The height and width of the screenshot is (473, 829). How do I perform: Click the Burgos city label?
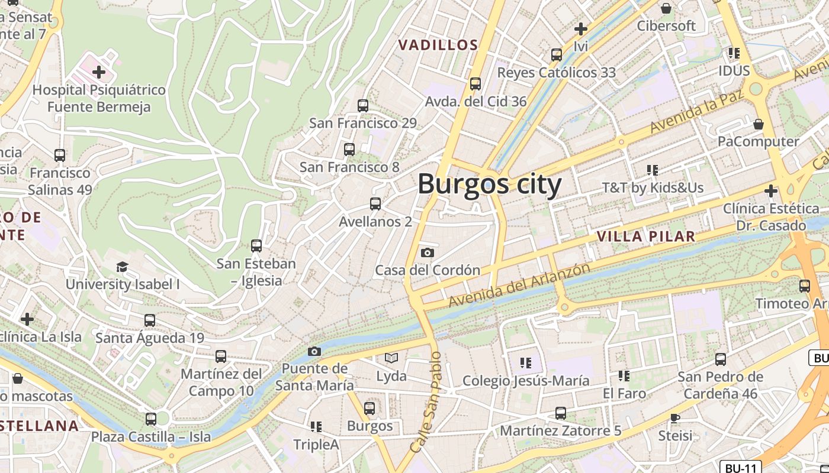489,184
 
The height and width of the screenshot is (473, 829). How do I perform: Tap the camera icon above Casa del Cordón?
427,253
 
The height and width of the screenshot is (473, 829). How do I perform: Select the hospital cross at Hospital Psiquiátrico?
99,73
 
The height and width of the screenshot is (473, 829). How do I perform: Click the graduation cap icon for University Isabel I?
122,267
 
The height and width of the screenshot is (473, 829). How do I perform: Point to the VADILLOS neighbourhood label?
438,45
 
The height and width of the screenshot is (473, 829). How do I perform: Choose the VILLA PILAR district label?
645,237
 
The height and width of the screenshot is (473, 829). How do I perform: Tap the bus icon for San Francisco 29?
363,106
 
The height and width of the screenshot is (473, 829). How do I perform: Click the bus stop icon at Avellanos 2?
375,204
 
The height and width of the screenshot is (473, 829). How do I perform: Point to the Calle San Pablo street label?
426,402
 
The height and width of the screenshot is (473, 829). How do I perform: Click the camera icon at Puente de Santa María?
314,352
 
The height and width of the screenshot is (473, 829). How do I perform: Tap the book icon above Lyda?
391,358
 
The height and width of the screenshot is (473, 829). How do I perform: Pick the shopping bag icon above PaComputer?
758,124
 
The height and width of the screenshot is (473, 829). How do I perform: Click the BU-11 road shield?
740,468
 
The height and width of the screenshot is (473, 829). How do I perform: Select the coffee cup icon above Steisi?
674,418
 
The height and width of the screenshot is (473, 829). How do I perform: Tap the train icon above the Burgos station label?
369,408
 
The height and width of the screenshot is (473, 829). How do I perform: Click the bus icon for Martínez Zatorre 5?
560,413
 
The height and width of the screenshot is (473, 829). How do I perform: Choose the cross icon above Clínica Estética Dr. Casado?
770,191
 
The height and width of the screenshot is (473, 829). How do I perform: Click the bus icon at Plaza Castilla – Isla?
151,419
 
